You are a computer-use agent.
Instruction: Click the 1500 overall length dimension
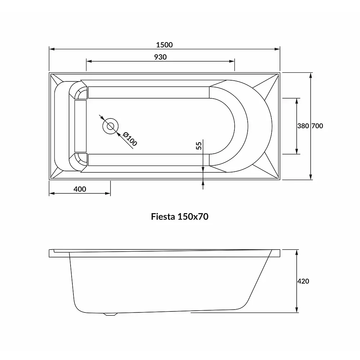point(164,45)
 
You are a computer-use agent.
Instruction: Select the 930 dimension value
point(160,57)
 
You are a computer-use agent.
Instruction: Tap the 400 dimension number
point(80,189)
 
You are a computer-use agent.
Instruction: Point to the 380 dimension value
point(303,126)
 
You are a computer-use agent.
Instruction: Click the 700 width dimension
point(317,126)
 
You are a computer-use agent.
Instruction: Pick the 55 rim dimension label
point(199,145)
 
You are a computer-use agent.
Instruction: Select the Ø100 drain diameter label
point(130,139)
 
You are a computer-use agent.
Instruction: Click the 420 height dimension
point(303,281)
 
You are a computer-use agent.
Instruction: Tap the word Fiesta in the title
point(163,216)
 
